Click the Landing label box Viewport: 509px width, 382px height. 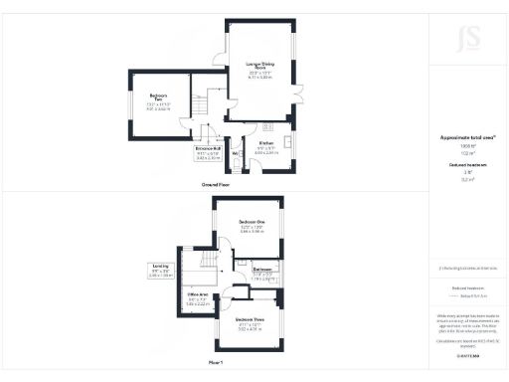pos(160,269)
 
